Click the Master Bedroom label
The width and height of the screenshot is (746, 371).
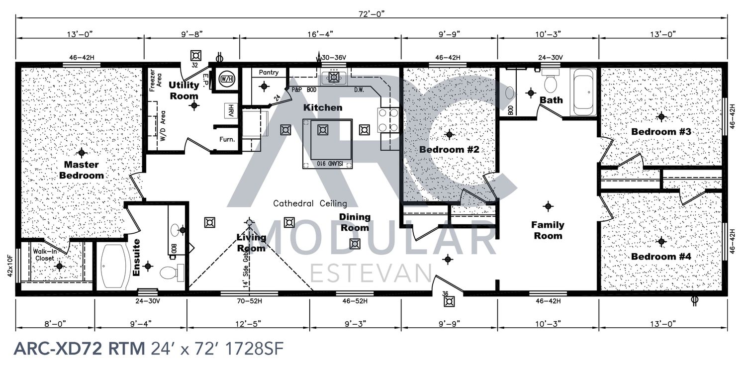82,170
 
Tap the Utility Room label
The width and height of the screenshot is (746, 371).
184,90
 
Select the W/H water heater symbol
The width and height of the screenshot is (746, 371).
226,79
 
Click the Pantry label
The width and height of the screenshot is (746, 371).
269,72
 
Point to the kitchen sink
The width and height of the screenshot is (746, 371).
334,78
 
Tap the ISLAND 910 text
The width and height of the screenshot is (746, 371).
334,164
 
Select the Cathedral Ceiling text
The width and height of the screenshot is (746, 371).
310,203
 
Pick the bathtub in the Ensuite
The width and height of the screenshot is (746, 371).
114,267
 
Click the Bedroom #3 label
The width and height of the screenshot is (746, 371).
661,132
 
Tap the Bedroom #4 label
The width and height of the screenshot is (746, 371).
661,257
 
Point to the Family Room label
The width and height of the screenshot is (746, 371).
548,230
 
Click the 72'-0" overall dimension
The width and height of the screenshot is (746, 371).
372,14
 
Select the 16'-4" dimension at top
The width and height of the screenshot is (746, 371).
320,34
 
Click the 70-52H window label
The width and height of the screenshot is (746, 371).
250,301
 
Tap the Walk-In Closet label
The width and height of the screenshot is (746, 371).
45,255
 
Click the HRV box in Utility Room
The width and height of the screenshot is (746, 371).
231,110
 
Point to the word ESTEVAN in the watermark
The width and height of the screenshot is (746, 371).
371,274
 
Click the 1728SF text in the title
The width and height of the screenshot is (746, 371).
255,349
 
